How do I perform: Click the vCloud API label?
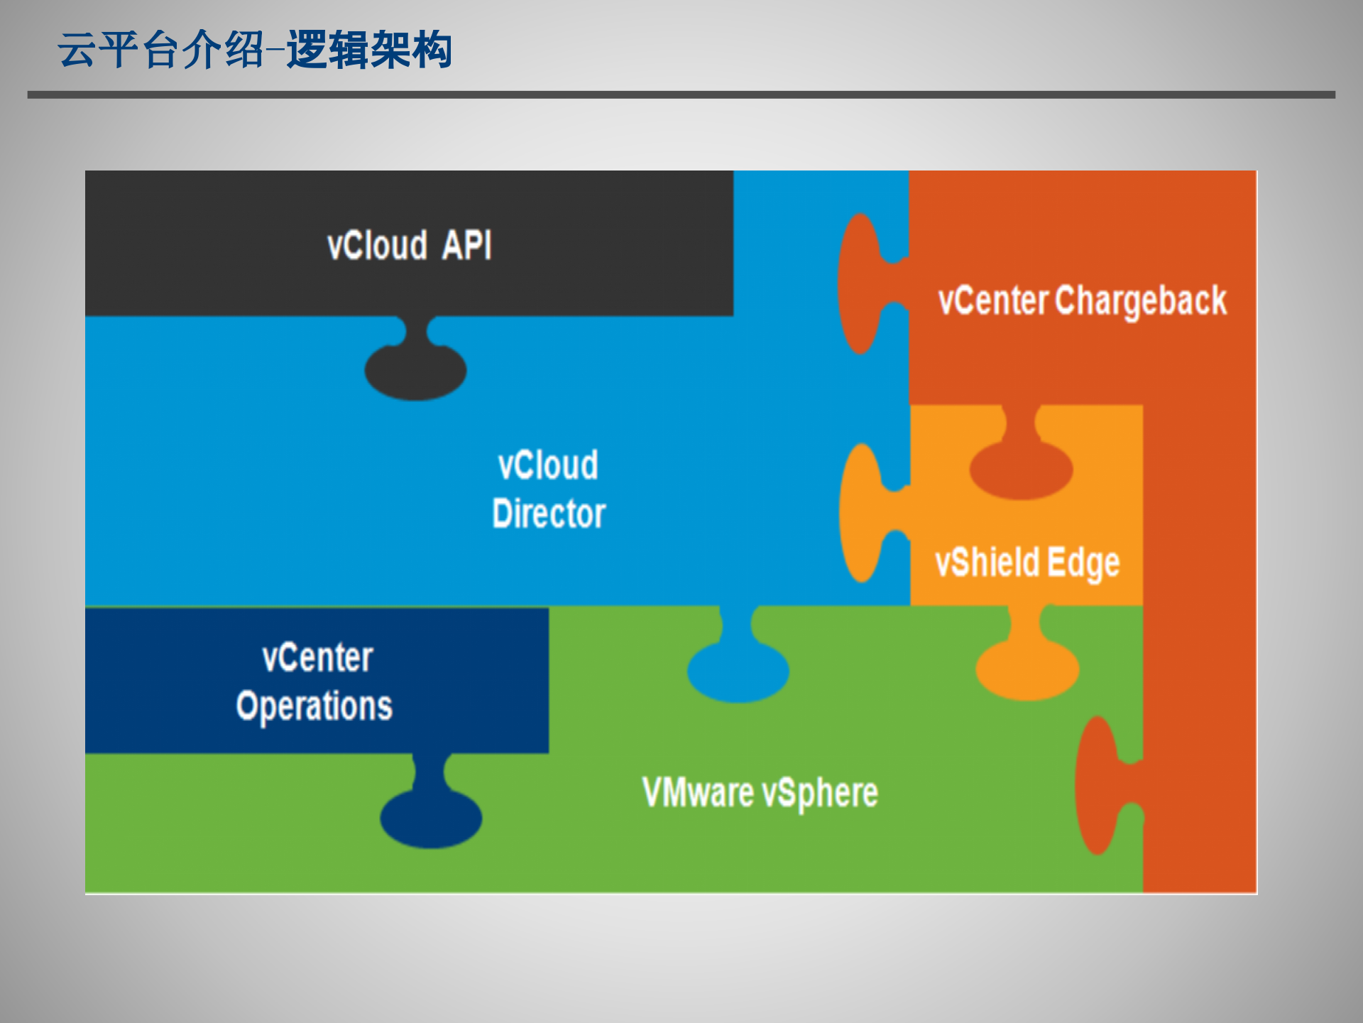[x=409, y=246]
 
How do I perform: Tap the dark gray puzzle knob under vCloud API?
[x=415, y=370]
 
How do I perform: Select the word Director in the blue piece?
[x=549, y=514]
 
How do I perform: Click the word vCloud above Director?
[x=548, y=466]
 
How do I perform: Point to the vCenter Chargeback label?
[x=1082, y=301]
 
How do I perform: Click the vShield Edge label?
[x=1027, y=563]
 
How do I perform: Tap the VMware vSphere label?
[x=760, y=793]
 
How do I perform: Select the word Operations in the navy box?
[x=314, y=706]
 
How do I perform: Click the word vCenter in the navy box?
[x=317, y=658]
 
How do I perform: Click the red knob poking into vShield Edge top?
[x=1021, y=469]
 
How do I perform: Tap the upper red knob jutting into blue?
[x=860, y=284]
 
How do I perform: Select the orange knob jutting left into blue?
[x=861, y=513]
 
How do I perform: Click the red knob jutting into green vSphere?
[x=1097, y=785]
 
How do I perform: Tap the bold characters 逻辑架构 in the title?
[x=369, y=50]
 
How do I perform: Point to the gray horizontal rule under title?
[x=681, y=94]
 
